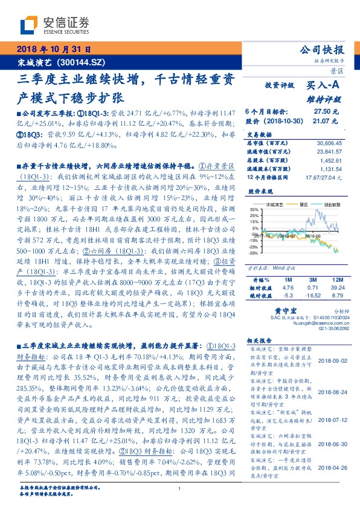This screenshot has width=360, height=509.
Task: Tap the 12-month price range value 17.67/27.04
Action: click(x=325, y=177)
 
